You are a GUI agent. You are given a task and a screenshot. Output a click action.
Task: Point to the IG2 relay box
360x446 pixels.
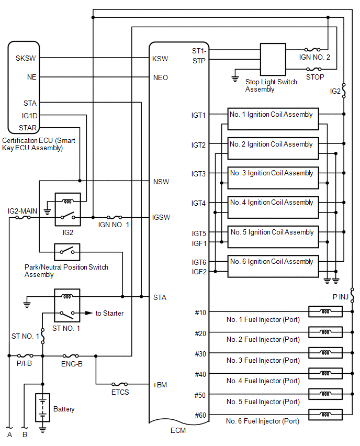point(67,209)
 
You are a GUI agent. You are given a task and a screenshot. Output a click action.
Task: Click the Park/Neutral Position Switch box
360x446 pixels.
point(67,253)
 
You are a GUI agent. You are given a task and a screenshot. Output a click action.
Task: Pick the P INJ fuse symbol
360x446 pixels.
point(353,297)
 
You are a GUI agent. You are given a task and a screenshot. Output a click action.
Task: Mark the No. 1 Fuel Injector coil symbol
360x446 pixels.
point(325,312)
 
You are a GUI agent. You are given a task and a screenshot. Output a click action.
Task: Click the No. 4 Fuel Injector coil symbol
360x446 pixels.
point(325,374)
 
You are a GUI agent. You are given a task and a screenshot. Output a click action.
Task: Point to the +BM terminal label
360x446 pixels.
point(159,385)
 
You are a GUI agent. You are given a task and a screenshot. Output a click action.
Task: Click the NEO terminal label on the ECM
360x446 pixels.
point(160,77)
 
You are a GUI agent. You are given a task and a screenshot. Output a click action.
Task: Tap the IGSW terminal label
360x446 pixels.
point(161,217)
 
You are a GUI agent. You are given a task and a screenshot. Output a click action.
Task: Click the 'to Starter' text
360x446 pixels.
point(109,314)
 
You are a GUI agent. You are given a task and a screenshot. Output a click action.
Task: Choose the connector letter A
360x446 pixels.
point(9,434)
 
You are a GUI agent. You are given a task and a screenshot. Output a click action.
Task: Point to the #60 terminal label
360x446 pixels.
point(200,415)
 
